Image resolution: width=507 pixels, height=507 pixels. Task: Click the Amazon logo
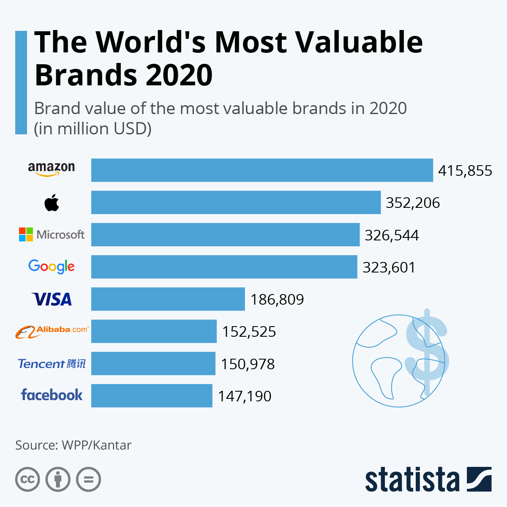coord(52,169)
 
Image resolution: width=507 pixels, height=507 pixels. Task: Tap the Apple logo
coord(52,203)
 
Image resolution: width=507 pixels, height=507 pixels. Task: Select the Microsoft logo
coord(52,234)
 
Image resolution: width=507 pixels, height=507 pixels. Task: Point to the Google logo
coord(52,267)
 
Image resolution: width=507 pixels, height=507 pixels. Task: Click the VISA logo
coord(52,299)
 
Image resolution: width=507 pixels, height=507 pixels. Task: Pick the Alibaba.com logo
coord(52,332)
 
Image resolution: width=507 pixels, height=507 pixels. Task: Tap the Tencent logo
coord(52,364)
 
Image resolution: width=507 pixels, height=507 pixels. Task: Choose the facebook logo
coord(52,395)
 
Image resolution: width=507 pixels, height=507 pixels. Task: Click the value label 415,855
coord(465,171)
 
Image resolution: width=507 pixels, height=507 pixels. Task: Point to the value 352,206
coord(413,203)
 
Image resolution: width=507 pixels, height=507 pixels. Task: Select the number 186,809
coord(277,300)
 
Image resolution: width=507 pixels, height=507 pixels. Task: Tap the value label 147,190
coord(245,396)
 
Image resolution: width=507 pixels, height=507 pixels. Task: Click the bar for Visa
coord(168,299)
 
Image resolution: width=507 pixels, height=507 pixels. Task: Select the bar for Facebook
coord(152,395)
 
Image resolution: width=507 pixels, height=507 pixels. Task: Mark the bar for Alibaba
coord(154,331)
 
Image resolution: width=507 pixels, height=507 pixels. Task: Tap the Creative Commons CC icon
coord(27,480)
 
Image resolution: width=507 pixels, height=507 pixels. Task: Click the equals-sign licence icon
coord(89,480)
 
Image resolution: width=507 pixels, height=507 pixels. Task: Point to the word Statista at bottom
coord(412,480)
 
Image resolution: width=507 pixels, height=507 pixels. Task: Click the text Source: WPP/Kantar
coord(74,445)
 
